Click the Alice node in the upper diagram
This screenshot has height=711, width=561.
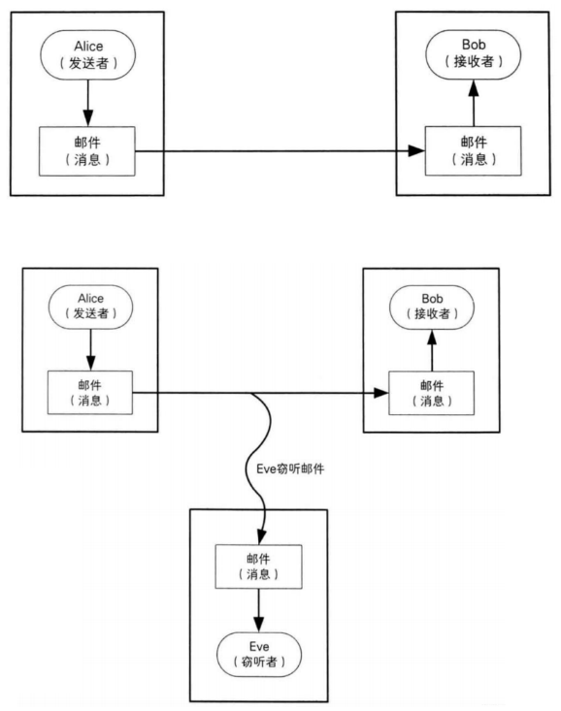87,57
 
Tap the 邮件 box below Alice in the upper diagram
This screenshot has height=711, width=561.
87,151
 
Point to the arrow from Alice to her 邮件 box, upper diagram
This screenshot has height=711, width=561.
87,102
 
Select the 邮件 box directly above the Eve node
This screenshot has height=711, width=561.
259,566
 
